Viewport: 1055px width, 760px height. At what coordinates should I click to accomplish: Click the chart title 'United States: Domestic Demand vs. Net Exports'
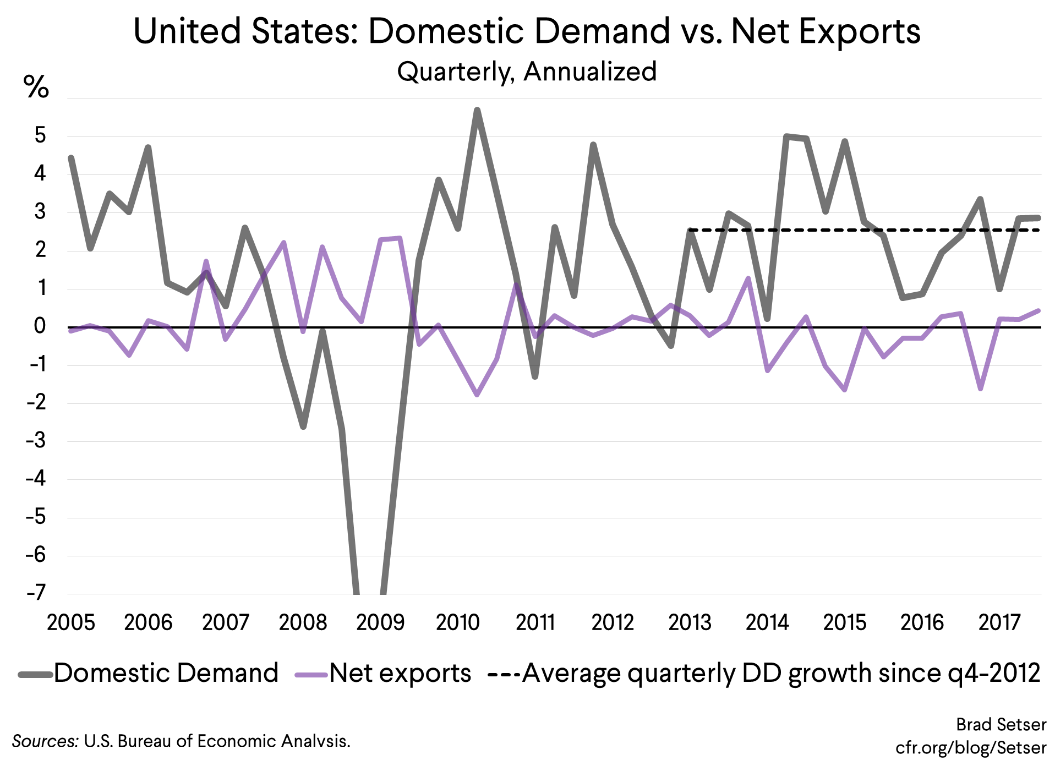click(527, 31)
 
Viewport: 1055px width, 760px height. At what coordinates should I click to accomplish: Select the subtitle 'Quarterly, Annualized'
click(527, 72)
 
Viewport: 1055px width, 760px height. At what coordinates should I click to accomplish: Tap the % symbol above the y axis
click(36, 87)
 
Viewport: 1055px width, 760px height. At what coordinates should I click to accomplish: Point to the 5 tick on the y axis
click(40, 135)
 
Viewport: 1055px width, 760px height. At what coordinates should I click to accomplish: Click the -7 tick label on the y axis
click(36, 593)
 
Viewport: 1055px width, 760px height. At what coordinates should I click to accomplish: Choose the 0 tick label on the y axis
click(40, 326)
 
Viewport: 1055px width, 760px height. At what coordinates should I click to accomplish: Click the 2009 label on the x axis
click(380, 622)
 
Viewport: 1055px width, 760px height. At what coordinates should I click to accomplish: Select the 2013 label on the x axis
click(690, 622)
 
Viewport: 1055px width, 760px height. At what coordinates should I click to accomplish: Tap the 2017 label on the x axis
click(999, 622)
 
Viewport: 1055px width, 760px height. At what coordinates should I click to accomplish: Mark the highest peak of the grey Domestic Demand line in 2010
click(477, 110)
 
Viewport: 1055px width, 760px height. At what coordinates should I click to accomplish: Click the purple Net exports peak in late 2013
click(748, 278)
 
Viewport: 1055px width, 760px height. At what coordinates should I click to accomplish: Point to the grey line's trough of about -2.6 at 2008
click(303, 427)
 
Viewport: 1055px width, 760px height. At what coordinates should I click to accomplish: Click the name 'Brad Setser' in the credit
click(1001, 725)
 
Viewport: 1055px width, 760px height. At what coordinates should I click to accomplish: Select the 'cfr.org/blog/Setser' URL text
click(970, 747)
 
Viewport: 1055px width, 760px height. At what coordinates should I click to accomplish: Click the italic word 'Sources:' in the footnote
click(46, 741)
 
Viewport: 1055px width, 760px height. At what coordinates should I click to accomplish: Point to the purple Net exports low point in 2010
click(477, 395)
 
